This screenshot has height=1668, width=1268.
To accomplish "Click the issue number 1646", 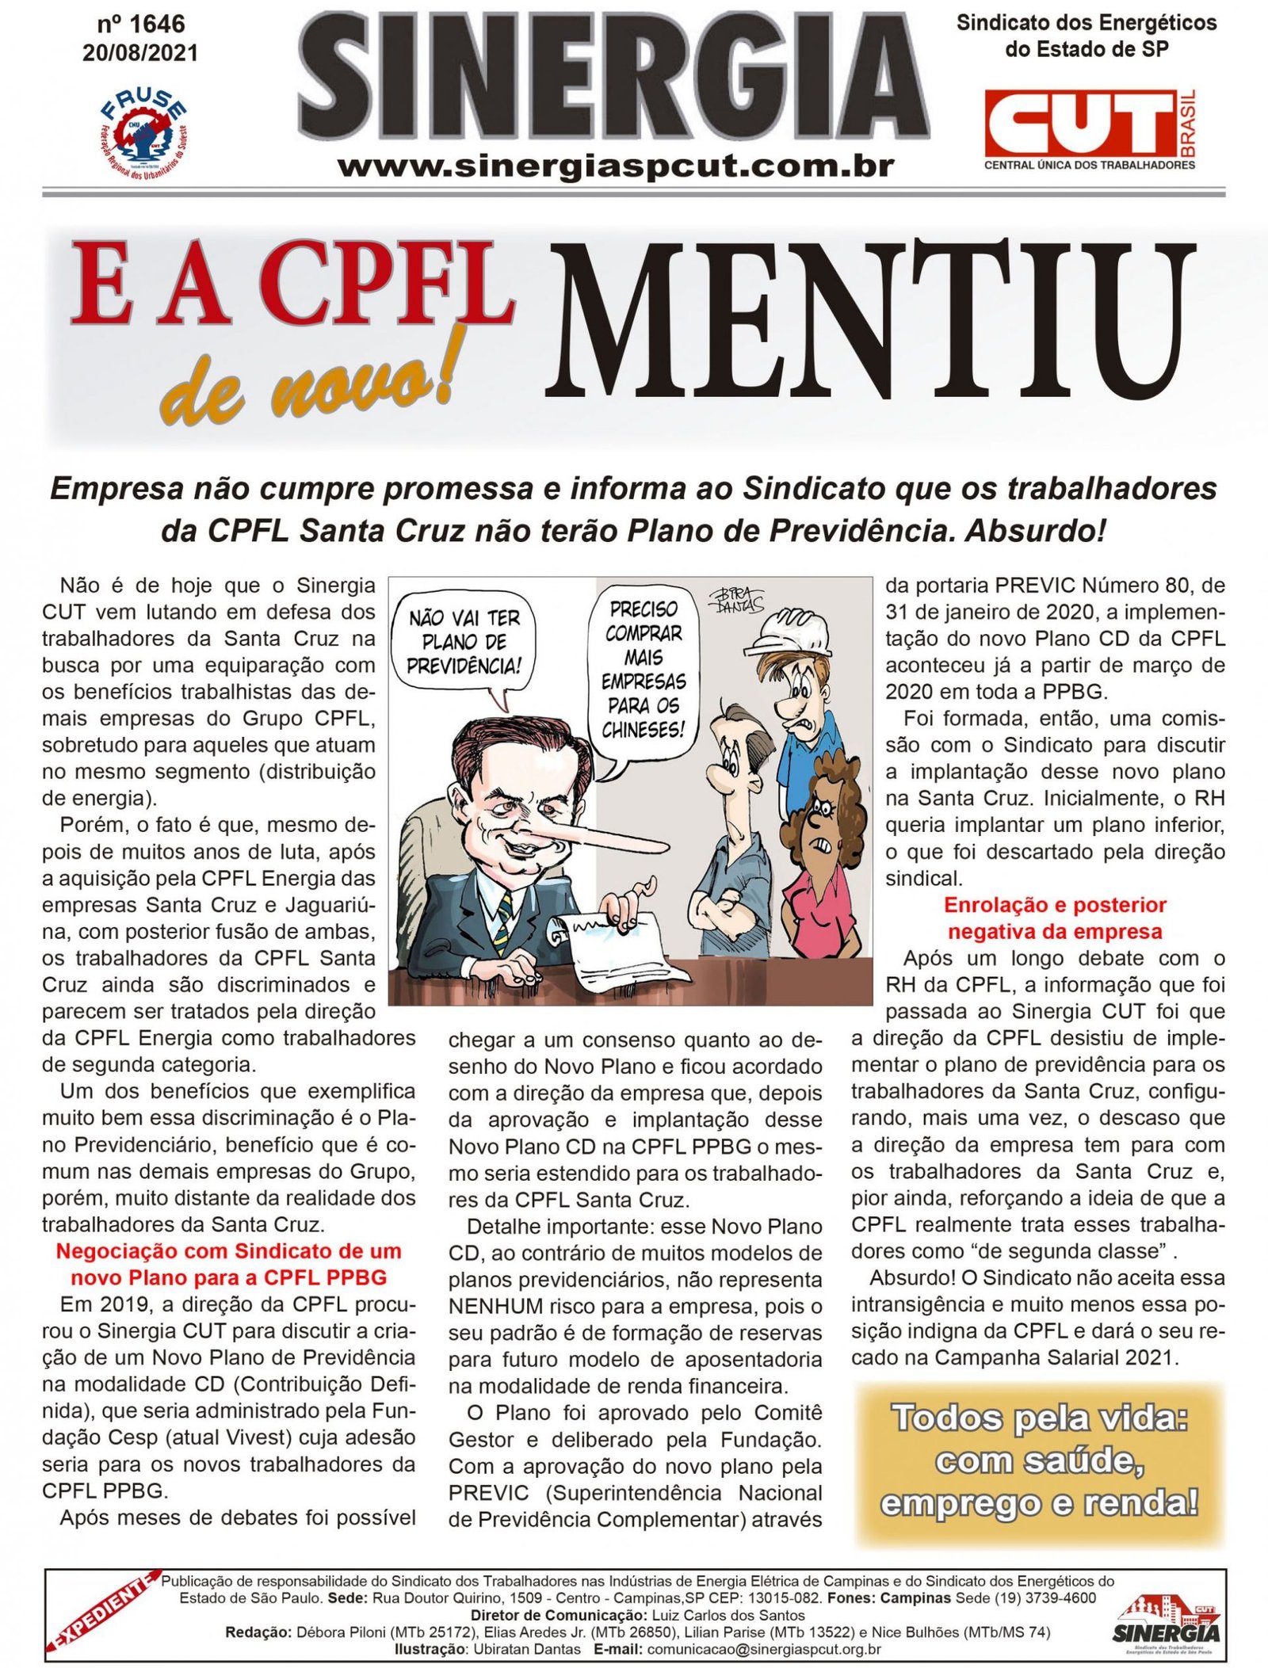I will pos(140,25).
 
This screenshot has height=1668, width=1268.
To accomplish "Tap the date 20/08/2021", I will pos(140,53).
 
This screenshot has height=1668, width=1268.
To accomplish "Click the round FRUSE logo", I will pos(144,131).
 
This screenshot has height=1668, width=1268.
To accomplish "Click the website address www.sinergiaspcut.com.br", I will pos(616,167).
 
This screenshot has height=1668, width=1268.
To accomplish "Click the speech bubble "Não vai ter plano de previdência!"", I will pos(464,642).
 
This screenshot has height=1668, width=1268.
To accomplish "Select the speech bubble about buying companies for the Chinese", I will pos(643,670).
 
